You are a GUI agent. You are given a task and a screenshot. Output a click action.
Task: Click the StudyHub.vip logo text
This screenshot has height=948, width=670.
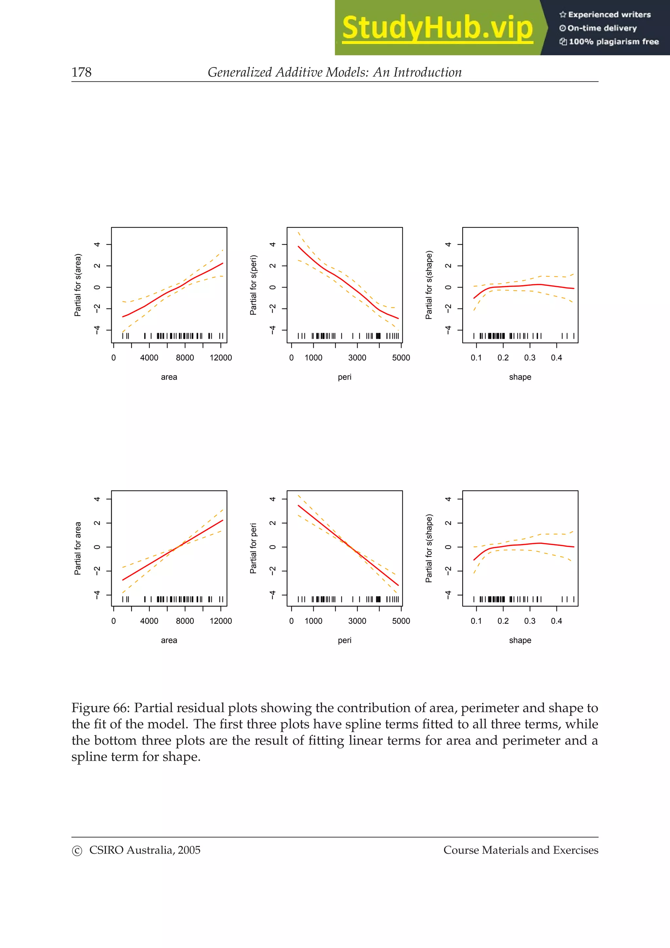[x=437, y=28]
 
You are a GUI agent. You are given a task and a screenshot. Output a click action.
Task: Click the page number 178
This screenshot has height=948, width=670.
[x=81, y=72]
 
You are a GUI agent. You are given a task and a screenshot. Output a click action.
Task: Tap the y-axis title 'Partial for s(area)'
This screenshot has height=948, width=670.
[x=78, y=285]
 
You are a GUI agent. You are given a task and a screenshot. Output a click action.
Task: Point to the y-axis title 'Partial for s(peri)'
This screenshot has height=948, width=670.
[x=253, y=285]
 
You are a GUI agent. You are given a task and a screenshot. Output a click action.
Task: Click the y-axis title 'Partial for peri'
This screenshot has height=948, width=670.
[x=253, y=548]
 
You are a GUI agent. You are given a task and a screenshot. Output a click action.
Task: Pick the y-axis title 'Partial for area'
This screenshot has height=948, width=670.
[x=78, y=548]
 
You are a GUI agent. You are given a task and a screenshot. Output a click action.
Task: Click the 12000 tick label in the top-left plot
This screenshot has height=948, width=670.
[x=220, y=358]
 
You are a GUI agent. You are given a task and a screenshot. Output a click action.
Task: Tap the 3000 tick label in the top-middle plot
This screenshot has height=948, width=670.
[x=357, y=358]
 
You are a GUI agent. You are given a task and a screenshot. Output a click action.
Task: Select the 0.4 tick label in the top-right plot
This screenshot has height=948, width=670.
[x=556, y=358]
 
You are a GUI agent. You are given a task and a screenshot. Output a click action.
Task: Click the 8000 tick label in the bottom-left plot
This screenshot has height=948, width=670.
[x=185, y=621]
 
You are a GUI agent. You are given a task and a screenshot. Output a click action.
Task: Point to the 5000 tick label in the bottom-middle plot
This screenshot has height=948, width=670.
[x=401, y=621]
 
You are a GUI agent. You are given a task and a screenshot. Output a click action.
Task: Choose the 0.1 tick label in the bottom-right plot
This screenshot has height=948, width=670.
[x=476, y=621]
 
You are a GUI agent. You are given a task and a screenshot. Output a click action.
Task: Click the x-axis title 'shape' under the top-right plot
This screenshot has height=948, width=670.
[x=520, y=377]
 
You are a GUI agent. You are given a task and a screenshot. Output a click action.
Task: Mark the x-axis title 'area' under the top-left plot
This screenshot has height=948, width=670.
[x=169, y=377]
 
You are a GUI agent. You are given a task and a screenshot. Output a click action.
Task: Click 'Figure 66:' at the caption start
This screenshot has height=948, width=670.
[x=101, y=708]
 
